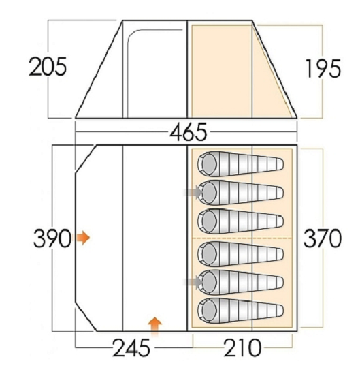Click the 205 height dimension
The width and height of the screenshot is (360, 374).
(48, 67)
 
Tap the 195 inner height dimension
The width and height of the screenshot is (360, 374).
(323, 68)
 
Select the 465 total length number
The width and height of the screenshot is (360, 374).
(189, 132)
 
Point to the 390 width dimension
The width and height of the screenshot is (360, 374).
(52, 238)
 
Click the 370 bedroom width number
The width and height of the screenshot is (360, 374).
(323, 238)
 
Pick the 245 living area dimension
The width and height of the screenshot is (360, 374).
(131, 347)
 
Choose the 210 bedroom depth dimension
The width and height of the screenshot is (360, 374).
(242, 347)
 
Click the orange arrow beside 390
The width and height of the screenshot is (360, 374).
(82, 238)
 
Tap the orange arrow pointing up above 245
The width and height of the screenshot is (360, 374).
(154, 326)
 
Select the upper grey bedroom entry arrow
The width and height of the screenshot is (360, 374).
(193, 192)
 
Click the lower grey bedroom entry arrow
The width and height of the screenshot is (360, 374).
(193, 282)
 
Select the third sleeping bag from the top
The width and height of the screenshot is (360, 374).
(241, 221)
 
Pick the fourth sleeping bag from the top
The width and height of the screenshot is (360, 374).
(241, 253)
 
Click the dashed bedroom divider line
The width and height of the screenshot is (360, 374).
(242, 238)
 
